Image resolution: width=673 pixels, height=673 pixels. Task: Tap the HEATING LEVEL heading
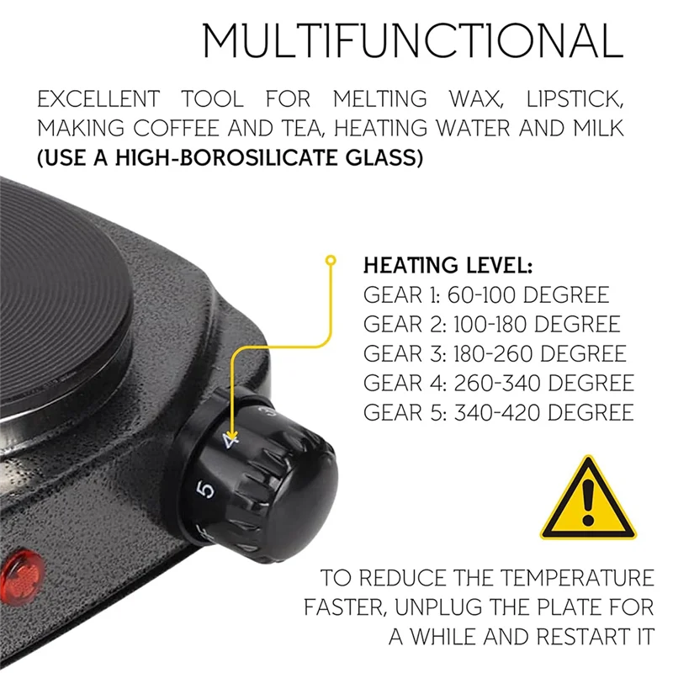pos(447,267)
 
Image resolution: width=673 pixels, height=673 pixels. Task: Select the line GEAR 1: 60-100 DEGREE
pos(485,295)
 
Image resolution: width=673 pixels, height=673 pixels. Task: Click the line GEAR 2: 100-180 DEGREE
pos(491,324)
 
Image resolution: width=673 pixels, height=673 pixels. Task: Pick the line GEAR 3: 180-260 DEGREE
pos(495,353)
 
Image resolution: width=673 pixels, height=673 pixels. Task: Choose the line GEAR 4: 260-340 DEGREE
pos(498,383)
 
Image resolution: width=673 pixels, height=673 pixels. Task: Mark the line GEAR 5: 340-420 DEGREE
pos(498,412)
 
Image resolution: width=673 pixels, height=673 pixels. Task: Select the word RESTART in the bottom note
pos(565,635)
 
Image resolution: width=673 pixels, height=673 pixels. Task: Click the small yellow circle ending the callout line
pos(331,262)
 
